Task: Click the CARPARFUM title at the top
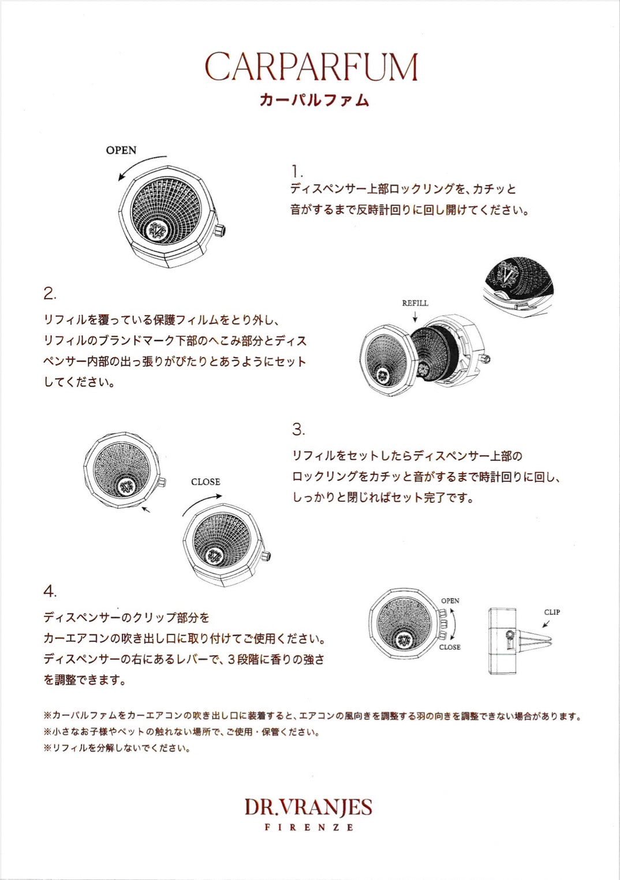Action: point(311,67)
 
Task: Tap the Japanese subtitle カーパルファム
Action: point(313,100)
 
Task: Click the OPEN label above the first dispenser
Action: point(121,150)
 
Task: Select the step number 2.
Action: point(50,294)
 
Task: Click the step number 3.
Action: point(298,430)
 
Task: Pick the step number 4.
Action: point(50,592)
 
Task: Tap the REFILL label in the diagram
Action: point(415,303)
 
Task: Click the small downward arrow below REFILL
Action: point(415,316)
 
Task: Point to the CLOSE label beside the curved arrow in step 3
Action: point(206,482)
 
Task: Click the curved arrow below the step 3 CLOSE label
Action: point(201,504)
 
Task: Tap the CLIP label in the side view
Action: point(552,612)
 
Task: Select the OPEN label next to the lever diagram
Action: point(450,601)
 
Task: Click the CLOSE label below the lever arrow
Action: point(450,647)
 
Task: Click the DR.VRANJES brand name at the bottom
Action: point(308,807)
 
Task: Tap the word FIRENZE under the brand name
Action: point(309,827)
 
